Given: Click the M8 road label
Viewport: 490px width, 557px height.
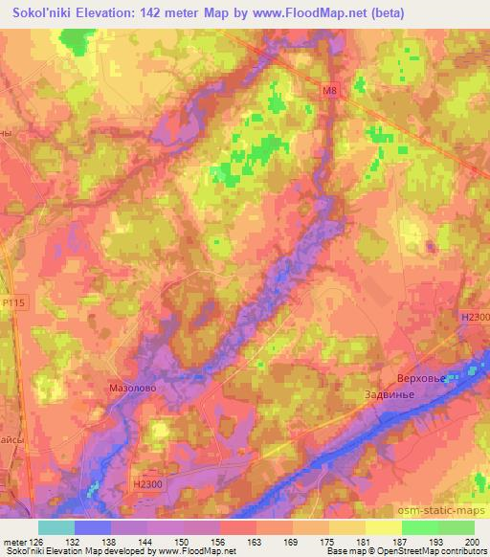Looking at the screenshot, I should coord(329,91).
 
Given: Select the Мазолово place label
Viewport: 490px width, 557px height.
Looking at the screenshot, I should coord(132,390).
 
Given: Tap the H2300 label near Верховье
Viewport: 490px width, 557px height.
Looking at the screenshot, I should coord(473,318).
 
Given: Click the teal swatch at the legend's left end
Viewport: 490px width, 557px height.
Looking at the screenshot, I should coord(56,526).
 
